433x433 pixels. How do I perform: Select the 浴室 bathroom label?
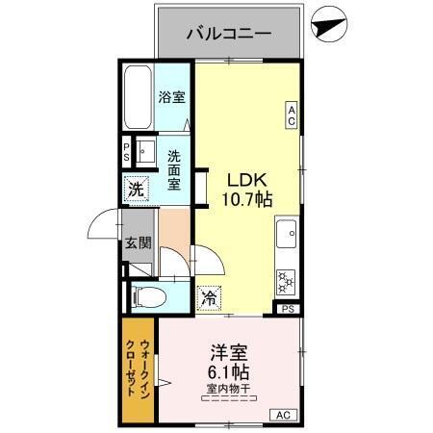point(172,96)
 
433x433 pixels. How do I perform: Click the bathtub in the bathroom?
point(138,99)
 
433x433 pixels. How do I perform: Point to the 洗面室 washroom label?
point(174,169)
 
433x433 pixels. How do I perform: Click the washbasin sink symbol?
point(147,152)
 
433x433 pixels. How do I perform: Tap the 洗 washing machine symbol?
point(136,188)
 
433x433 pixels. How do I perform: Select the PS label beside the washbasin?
point(127,152)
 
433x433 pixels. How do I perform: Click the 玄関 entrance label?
point(137,242)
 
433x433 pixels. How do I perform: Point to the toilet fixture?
point(147,295)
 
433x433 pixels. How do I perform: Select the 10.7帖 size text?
point(248,200)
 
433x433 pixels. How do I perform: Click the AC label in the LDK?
point(291,115)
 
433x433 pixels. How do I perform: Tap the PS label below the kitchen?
point(287,309)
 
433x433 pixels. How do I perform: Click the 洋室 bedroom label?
point(227,353)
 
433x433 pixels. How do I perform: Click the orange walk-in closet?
point(139,370)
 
